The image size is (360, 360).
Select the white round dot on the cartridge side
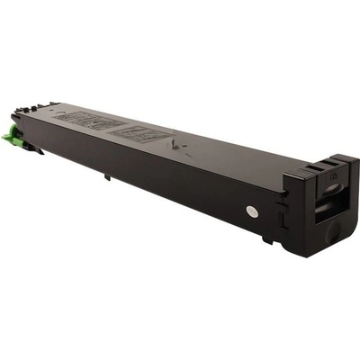tap(251, 212)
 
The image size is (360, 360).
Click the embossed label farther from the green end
tap(143, 134)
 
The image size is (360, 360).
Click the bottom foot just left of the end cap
tap(267, 238)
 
